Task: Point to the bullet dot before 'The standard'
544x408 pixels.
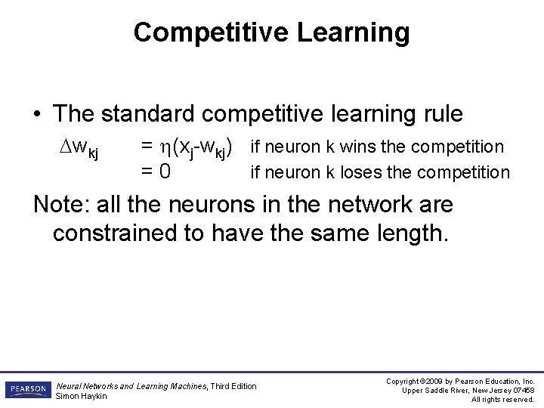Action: (x=38, y=115)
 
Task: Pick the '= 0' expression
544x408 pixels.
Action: (x=155, y=173)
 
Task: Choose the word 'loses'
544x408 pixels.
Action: (x=361, y=172)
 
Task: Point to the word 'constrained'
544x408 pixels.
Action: (x=115, y=233)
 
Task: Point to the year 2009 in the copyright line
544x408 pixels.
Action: (x=443, y=382)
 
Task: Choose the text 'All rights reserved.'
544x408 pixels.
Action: (x=502, y=399)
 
